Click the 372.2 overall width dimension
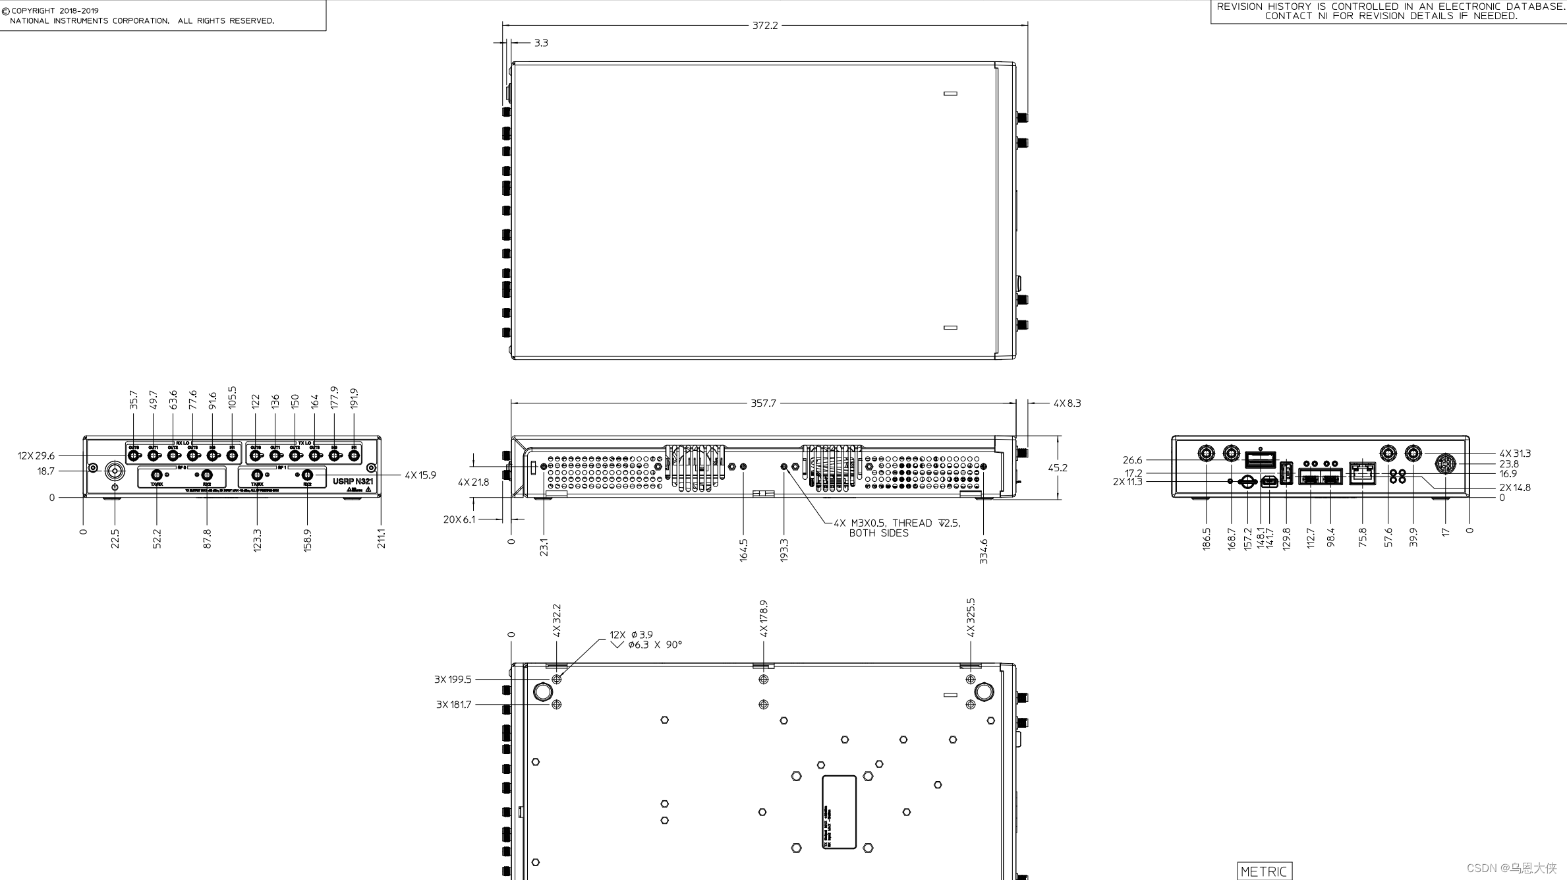764,26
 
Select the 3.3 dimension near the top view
541,43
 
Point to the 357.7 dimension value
763,403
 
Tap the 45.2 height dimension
1058,467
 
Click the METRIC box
1265,871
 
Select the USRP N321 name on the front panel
353,481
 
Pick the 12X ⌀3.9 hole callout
631,635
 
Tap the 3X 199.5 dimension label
453,679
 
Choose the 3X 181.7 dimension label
453,705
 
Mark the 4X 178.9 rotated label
764,618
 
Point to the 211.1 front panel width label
382,538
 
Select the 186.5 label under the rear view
1207,538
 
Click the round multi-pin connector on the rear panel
1446,464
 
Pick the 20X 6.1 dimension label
459,519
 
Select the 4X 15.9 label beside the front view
420,475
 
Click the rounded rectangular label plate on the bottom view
839,812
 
